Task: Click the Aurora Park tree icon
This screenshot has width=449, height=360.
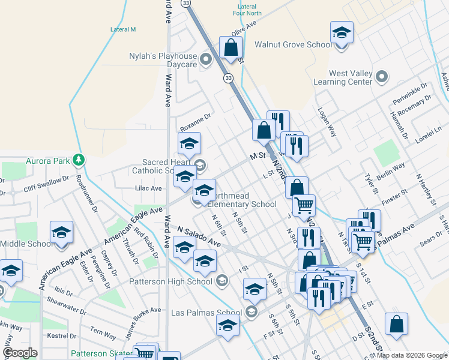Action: tap(77, 160)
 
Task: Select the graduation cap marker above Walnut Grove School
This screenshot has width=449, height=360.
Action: tap(342, 32)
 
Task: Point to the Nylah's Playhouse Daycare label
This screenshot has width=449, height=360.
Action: tap(163, 56)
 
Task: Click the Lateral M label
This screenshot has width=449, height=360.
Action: tap(123, 29)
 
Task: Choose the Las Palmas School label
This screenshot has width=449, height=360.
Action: tap(206, 313)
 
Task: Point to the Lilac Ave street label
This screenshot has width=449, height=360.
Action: tap(149, 188)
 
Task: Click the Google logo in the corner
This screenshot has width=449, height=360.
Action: tap(20, 353)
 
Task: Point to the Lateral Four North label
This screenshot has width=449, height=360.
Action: tap(247, 8)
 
